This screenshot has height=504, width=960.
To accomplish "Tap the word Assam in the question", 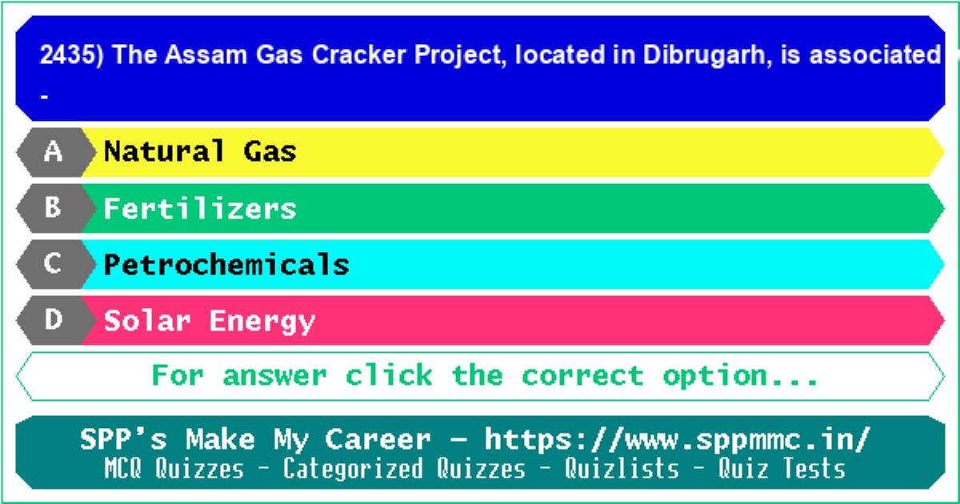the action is (206, 55).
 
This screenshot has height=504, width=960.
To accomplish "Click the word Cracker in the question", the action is (358, 55).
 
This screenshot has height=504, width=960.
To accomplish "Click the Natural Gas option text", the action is (200, 151).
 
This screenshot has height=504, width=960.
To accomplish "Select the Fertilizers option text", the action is (200, 208).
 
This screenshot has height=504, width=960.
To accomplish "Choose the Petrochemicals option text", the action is (226, 264).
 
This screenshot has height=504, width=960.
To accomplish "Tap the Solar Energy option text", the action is (210, 322).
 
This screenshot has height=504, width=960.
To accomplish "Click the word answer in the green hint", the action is (274, 376).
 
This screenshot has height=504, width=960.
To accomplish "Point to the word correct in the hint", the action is (583, 376).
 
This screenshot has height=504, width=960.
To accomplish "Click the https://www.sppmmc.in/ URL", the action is (678, 440).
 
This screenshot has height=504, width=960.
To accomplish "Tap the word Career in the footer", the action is (378, 440).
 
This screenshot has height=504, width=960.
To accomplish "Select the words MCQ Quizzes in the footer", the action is (174, 468).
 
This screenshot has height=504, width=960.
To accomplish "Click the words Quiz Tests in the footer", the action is (782, 468).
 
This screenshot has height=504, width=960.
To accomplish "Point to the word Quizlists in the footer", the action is (622, 468).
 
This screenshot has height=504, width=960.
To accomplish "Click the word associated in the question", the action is (874, 55).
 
